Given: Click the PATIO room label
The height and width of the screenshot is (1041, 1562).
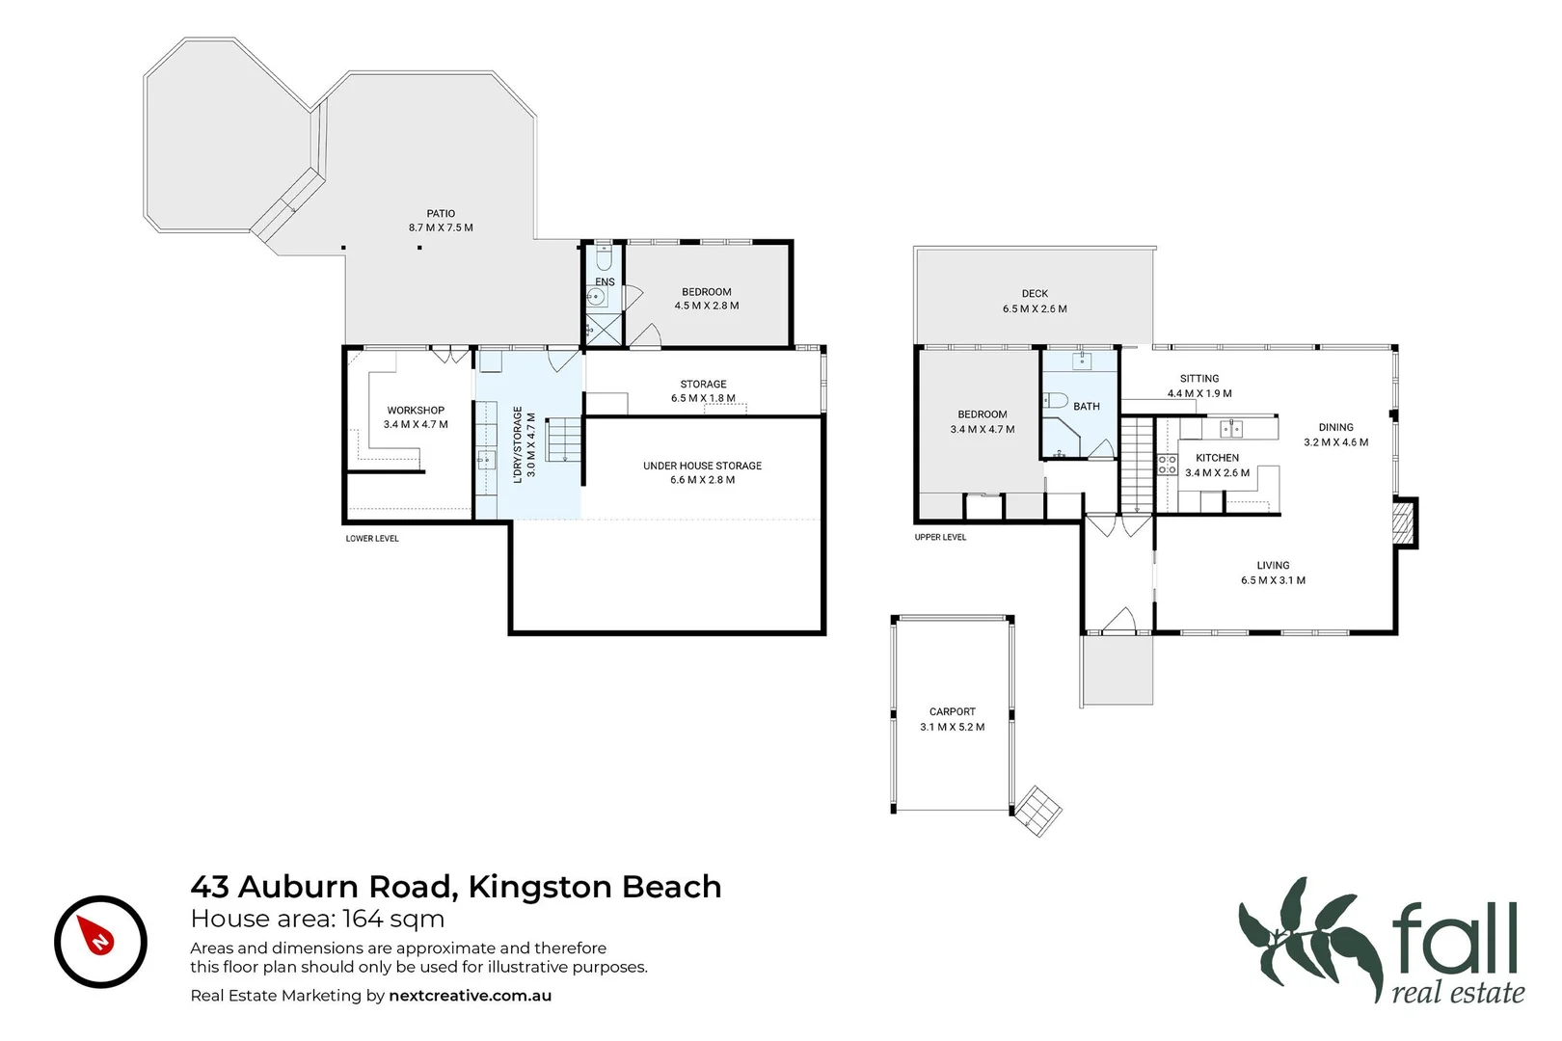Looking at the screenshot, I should tap(441, 214).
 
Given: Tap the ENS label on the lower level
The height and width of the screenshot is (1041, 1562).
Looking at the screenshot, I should tap(605, 282).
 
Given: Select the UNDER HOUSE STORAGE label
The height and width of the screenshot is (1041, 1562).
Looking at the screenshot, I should tap(702, 466).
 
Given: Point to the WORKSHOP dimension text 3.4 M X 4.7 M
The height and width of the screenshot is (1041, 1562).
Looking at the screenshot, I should tap(416, 424).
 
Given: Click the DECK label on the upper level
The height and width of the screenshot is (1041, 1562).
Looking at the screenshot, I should tap(1035, 294).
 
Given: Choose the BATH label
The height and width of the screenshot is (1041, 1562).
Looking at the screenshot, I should tap(1087, 407).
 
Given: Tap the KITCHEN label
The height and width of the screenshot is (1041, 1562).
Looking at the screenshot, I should tap(1217, 458).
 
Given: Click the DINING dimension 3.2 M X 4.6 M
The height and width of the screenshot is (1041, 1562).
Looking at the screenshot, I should tap(1335, 442).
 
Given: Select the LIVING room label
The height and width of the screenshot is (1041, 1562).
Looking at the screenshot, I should tap(1273, 566).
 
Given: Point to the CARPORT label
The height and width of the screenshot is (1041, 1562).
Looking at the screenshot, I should tap(952, 711).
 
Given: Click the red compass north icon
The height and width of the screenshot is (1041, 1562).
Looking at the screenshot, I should tap(100, 941).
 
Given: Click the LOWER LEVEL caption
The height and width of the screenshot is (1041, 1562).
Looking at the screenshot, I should tap(372, 538).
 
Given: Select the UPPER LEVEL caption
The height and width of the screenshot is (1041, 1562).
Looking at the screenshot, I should tap(940, 537).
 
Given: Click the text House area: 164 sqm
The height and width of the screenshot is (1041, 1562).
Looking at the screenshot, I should tap(317, 919).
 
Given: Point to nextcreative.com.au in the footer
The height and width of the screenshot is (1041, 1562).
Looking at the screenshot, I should tap(470, 996).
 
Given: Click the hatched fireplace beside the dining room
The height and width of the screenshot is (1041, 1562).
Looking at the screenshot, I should tap(1404, 523).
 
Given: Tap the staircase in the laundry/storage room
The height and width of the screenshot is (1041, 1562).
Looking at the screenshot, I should tap(563, 440).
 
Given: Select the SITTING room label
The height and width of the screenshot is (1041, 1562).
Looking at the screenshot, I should tap(1199, 379).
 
